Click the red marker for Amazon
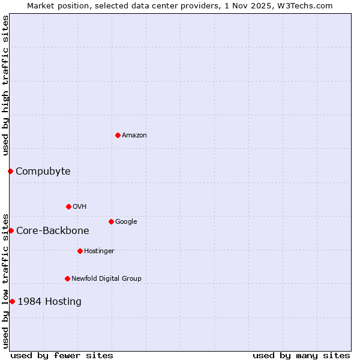pyautogui.click(x=118, y=135)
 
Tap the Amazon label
pyautogui.click(x=134, y=136)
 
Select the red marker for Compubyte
pyautogui.click(x=10, y=171)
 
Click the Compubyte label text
pyautogui.click(x=43, y=172)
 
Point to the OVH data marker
pyautogui.click(x=68, y=206)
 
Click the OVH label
pyautogui.click(x=80, y=207)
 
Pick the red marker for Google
pyautogui.click(x=111, y=221)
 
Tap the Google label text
pyautogui.click(x=126, y=222)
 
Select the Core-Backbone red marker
pyautogui.click(x=11, y=230)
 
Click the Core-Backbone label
pyautogui.click(x=53, y=231)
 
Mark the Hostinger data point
pyautogui.click(x=80, y=251)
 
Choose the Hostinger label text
pyautogui.click(x=99, y=251)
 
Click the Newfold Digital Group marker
pyautogui.click(x=67, y=278)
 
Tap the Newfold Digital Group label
pyautogui.click(x=106, y=279)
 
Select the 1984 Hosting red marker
pyautogui.click(x=12, y=301)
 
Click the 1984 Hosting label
pyautogui.click(x=50, y=302)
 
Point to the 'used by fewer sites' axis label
pyautogui.click(x=62, y=356)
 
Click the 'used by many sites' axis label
pyautogui.click(x=301, y=356)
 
